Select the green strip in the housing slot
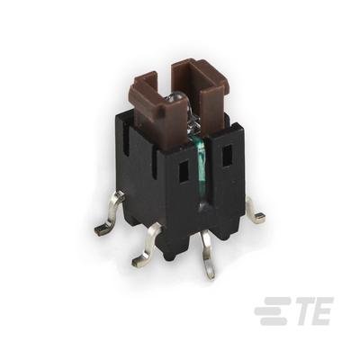201,168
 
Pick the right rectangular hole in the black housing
229,156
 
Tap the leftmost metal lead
110,213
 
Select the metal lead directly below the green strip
208,255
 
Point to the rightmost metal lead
255,211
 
